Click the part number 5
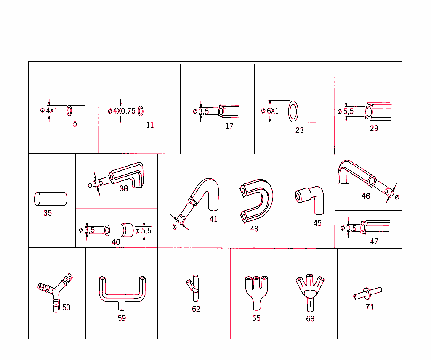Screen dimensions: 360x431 (75, 124)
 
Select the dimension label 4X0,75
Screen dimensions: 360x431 (125, 111)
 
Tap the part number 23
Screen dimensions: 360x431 (299, 130)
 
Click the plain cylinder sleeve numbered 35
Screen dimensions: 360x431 (50, 199)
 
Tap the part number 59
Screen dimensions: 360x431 (122, 318)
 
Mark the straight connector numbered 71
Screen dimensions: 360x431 (367, 293)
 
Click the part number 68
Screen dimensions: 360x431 (310, 319)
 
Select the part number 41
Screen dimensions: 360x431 (213, 219)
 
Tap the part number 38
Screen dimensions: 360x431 (124, 188)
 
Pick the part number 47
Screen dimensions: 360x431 (374, 241)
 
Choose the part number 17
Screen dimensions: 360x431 (229, 126)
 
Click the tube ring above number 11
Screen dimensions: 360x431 (141, 111)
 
